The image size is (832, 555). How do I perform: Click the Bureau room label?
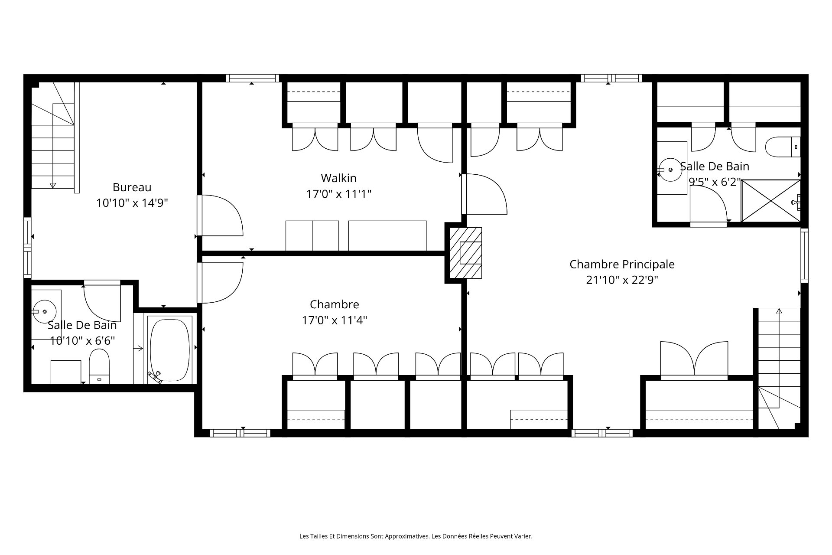coord(132,187)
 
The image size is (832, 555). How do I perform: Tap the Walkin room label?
coord(338,178)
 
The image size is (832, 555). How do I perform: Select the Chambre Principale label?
coord(622,264)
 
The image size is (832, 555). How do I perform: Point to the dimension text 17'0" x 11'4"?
coord(335,320)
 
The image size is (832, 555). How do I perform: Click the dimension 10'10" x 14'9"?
coord(132,203)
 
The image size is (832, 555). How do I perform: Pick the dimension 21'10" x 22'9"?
coord(622,280)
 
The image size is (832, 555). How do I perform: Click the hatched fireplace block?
coord(466,253)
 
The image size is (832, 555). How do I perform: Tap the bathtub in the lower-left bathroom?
coord(170,349)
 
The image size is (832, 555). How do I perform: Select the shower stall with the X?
coord(770,201)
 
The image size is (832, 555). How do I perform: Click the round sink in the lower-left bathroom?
coord(45,311)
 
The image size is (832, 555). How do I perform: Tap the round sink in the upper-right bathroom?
coord(670,170)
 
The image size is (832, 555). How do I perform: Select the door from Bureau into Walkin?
coord(220,215)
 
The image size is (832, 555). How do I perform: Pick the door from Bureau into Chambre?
coord(220,283)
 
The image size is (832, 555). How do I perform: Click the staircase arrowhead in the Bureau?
coord(53,186)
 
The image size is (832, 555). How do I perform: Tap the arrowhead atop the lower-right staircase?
coord(779,310)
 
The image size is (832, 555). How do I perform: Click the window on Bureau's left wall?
coord(27,248)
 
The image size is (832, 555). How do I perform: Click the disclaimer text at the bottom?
coord(416,536)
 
